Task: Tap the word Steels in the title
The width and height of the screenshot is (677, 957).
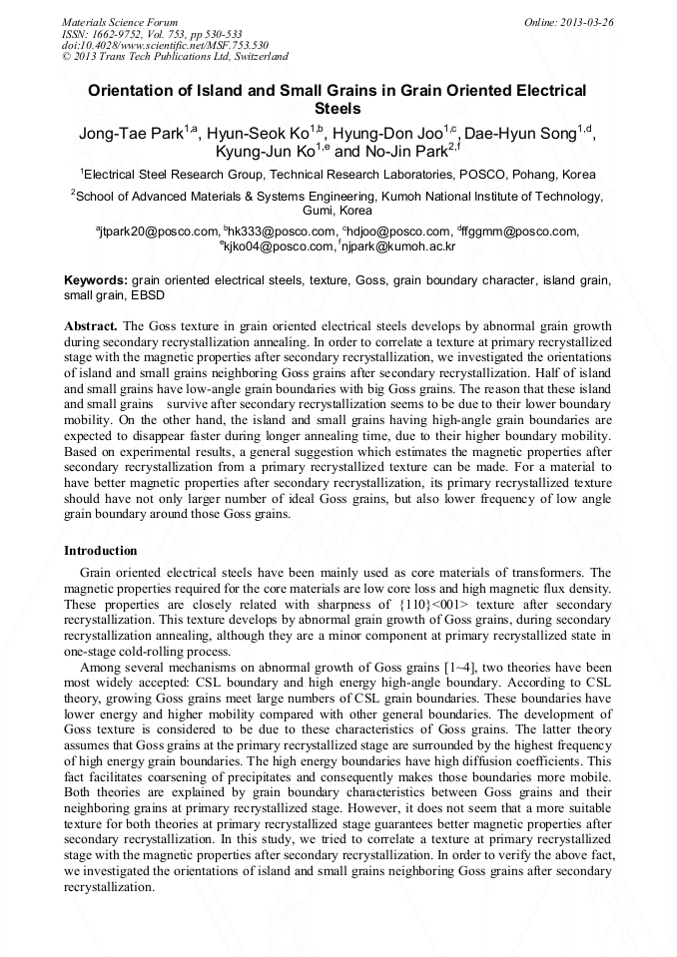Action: point(338,108)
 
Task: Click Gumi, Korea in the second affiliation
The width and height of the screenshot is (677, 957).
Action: point(338,211)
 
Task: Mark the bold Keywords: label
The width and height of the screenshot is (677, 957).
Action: point(96,281)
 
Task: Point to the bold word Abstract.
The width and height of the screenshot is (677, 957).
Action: point(91,326)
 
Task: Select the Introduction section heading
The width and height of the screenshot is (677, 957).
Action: point(101,551)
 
